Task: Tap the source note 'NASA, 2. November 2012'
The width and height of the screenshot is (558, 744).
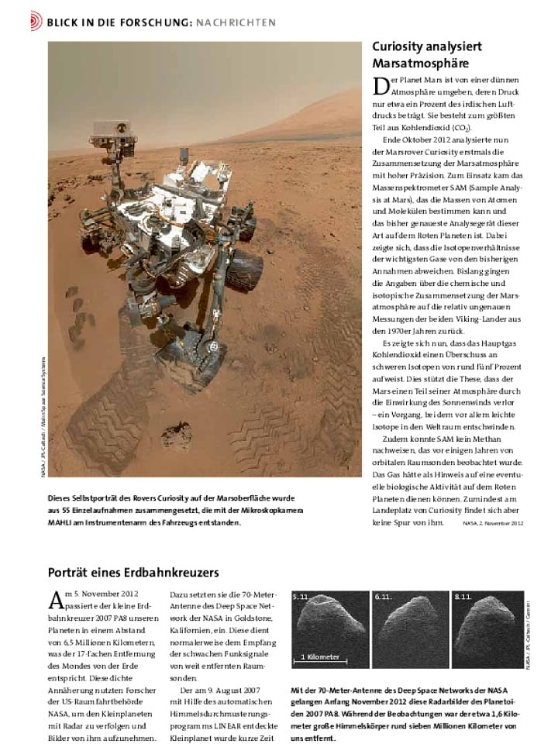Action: point(493,524)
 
